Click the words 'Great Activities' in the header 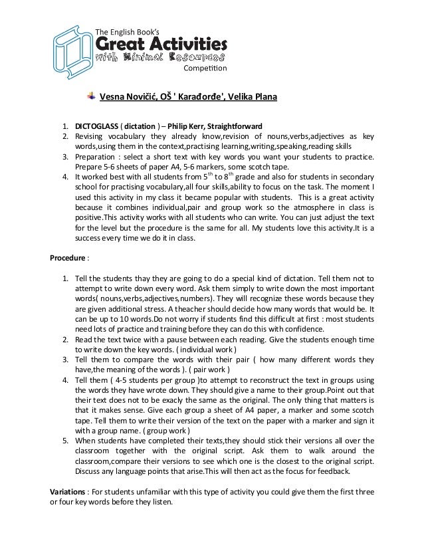162,43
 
